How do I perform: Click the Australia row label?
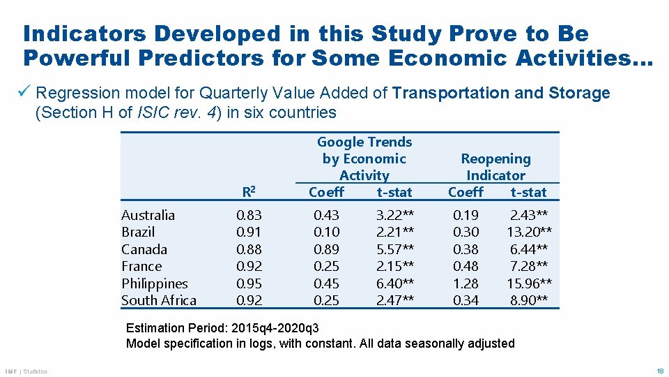[x=148, y=215]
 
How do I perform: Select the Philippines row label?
[x=155, y=283]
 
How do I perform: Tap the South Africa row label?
[x=159, y=300]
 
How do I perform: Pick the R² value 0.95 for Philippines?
[x=249, y=283]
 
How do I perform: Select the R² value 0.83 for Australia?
[x=249, y=215]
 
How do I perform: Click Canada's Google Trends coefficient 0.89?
[x=327, y=249]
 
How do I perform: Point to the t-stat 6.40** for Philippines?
[x=395, y=283]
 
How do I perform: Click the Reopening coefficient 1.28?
[x=466, y=283]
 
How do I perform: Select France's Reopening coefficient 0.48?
[x=466, y=266]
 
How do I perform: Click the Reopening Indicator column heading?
[x=495, y=168]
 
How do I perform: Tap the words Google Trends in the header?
[x=364, y=142]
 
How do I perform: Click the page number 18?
[x=659, y=371]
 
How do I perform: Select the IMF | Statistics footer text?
[x=26, y=371]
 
